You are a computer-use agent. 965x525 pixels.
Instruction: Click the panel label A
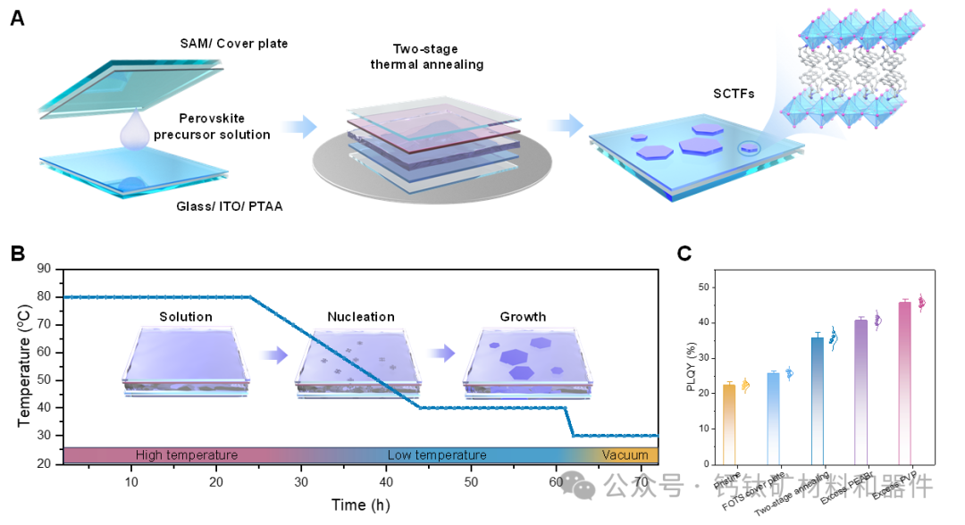tap(17, 18)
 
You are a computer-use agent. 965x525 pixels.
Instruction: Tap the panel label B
tap(17, 253)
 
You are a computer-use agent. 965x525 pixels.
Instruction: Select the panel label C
tap(684, 254)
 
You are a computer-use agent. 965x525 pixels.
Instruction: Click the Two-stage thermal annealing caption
tap(438, 56)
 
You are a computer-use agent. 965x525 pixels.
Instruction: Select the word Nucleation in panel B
tap(361, 317)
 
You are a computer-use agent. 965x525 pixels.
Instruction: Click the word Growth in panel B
tap(523, 317)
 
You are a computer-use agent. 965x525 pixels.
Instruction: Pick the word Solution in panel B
tap(186, 317)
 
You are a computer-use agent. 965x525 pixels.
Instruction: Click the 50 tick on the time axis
tap(471, 483)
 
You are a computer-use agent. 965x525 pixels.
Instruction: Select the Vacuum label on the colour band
tap(625, 455)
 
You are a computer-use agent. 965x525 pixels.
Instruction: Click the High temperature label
tap(187, 455)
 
